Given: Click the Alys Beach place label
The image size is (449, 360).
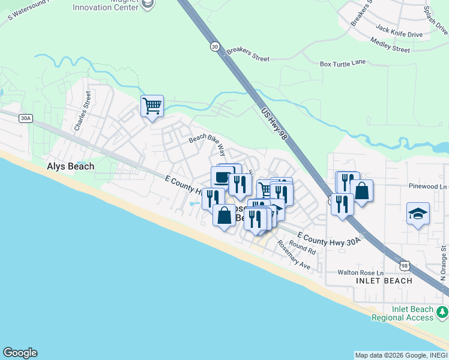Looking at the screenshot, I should click(x=70, y=166).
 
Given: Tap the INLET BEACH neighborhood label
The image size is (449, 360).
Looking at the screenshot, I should click(x=384, y=281).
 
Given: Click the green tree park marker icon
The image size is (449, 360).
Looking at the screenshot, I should click(x=442, y=312).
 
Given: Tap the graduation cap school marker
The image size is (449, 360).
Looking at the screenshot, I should click(x=418, y=214).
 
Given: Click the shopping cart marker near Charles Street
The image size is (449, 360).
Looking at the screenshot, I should click(x=152, y=106).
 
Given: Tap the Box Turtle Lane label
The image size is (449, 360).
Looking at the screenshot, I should click(x=343, y=63).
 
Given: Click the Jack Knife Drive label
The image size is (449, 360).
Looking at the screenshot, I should click(x=399, y=31).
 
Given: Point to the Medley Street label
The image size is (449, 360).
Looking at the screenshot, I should click(x=390, y=44).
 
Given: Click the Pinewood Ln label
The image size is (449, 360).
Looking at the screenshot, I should click(x=427, y=187).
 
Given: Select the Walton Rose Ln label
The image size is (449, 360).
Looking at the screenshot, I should click(x=360, y=272).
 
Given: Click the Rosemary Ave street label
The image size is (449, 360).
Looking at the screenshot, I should click(x=294, y=256).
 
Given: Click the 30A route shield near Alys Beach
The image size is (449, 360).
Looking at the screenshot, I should click(x=25, y=118).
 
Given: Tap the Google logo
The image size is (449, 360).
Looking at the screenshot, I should click(x=20, y=353).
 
